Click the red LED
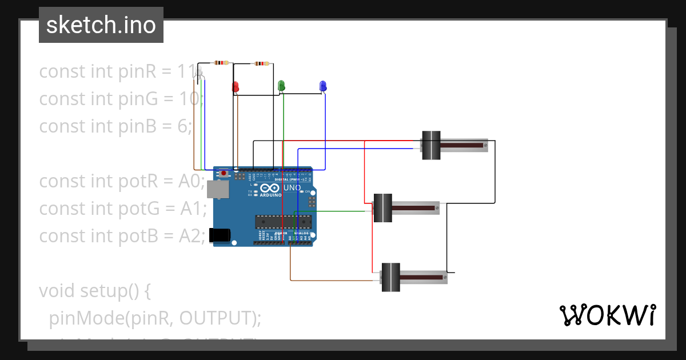[235, 87]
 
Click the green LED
[281, 86]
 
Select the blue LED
[322, 86]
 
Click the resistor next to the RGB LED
[221, 63]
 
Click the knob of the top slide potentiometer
[430, 145]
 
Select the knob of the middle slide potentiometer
[382, 208]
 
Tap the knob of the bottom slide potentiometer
[390, 277]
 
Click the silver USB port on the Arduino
[217, 189]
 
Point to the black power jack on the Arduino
[220, 235]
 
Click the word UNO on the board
[292, 187]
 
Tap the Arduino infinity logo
[269, 187]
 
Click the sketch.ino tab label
[101, 25]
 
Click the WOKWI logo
[607, 315]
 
